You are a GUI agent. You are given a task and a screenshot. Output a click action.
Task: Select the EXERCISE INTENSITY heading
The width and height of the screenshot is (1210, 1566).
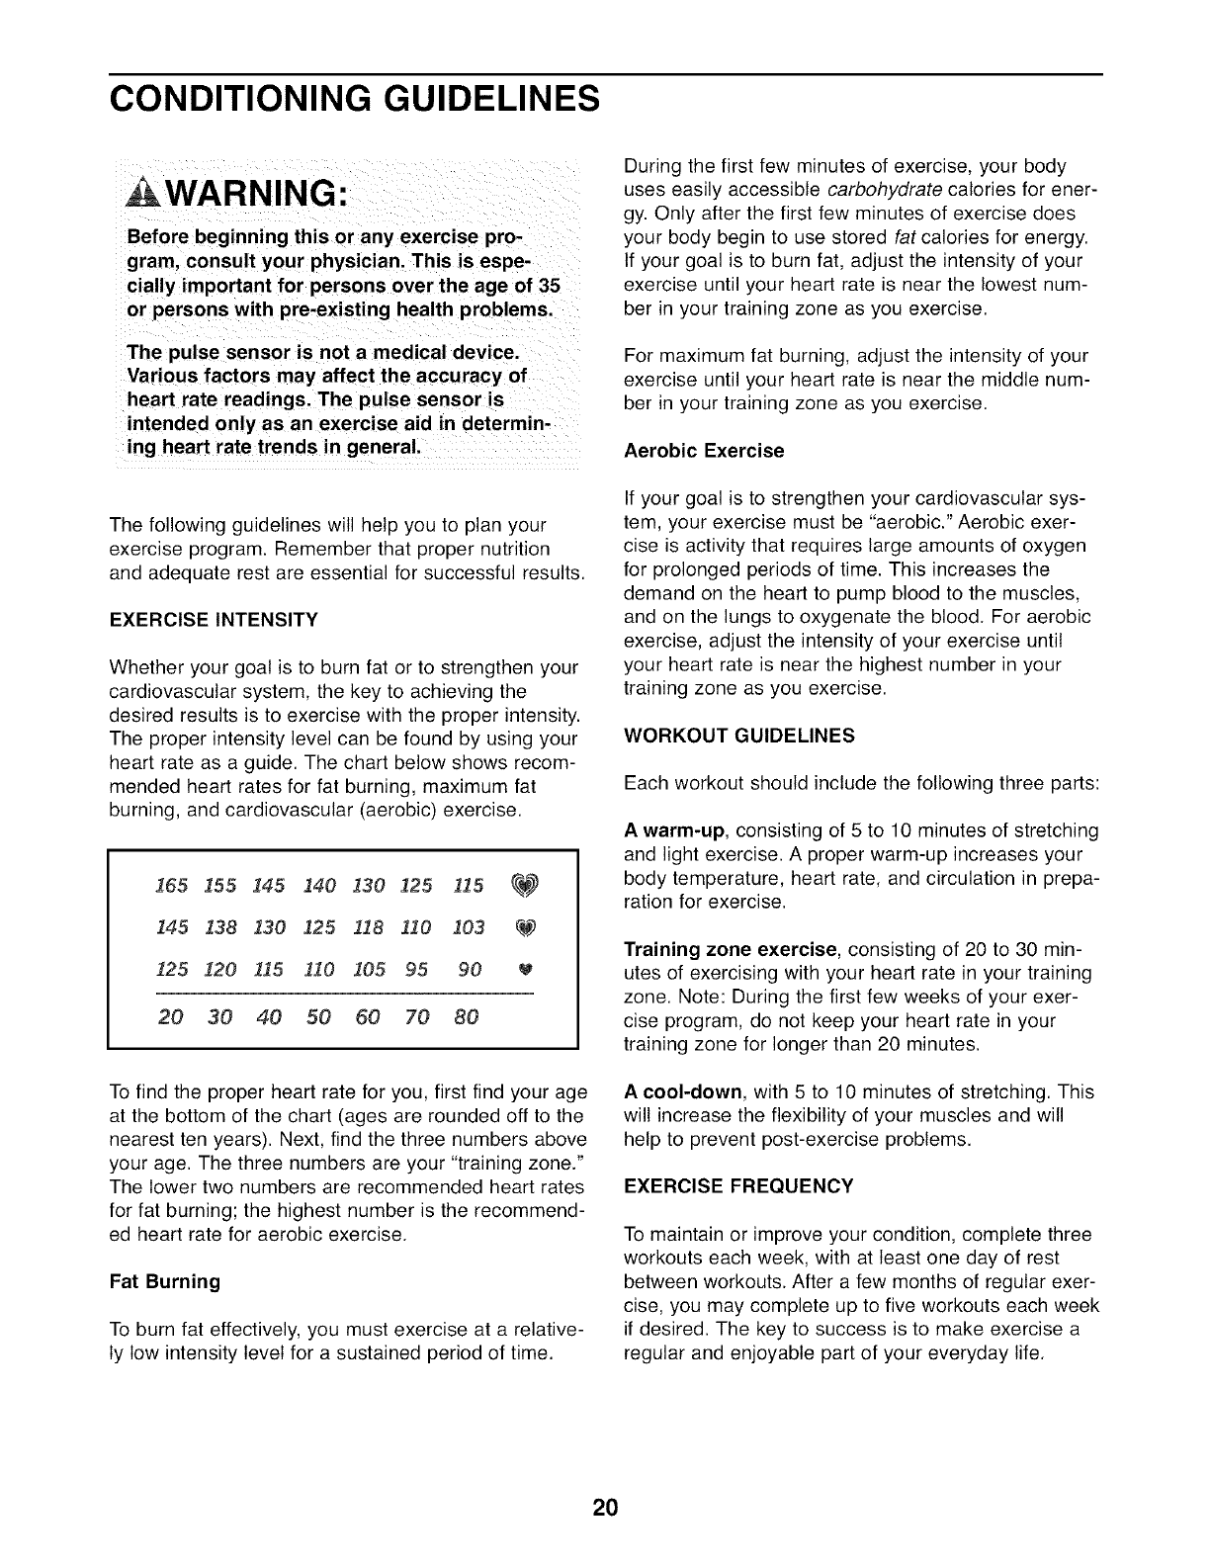[214, 620]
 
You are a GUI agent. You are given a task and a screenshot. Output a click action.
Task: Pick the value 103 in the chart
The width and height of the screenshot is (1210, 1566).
[469, 926]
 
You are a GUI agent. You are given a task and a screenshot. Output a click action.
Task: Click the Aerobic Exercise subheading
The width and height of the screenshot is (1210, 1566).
[704, 451]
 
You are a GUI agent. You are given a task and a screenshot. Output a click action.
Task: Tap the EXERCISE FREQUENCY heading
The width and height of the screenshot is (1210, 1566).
[738, 1185]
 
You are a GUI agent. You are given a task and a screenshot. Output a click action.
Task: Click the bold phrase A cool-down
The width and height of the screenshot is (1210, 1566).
[684, 1092]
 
